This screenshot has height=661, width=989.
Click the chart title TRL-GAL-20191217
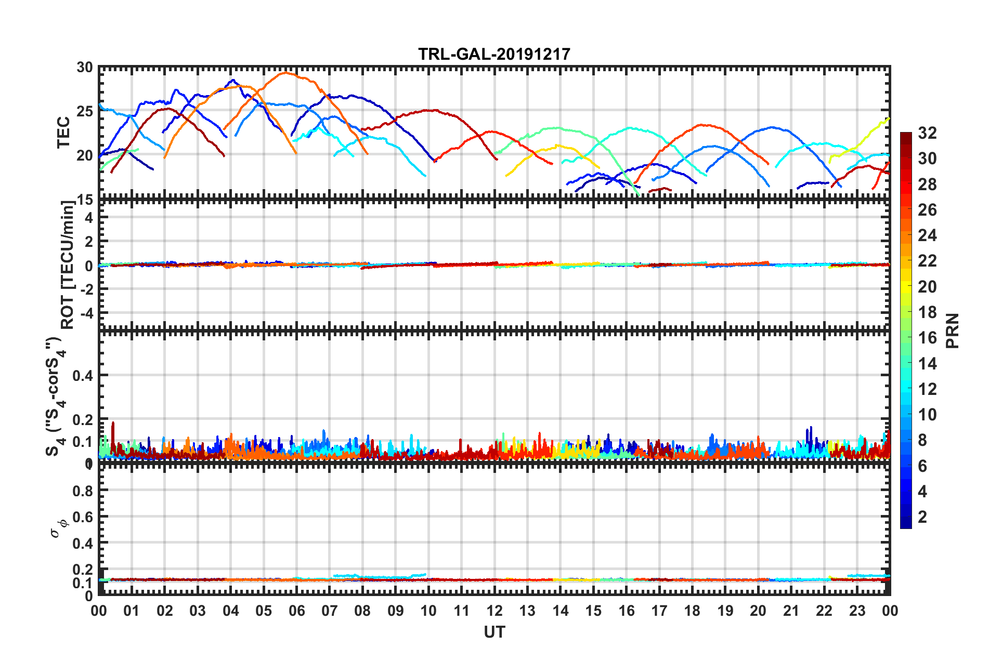click(494, 54)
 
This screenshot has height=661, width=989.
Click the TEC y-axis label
click(63, 133)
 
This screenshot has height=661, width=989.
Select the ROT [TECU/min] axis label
click(68, 265)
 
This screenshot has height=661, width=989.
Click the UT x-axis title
click(494, 632)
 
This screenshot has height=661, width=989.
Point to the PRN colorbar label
click(953, 331)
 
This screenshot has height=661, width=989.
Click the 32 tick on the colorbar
click(927, 133)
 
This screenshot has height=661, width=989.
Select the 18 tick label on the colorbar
click(927, 312)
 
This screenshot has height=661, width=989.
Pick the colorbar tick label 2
click(923, 517)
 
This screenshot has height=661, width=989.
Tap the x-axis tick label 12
click(494, 611)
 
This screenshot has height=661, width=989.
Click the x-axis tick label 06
click(296, 611)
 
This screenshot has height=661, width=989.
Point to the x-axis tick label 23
click(857, 611)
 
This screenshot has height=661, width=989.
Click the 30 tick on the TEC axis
click(84, 68)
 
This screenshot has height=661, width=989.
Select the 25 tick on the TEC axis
click(84, 111)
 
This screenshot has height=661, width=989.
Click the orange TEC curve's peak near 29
click(285, 73)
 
